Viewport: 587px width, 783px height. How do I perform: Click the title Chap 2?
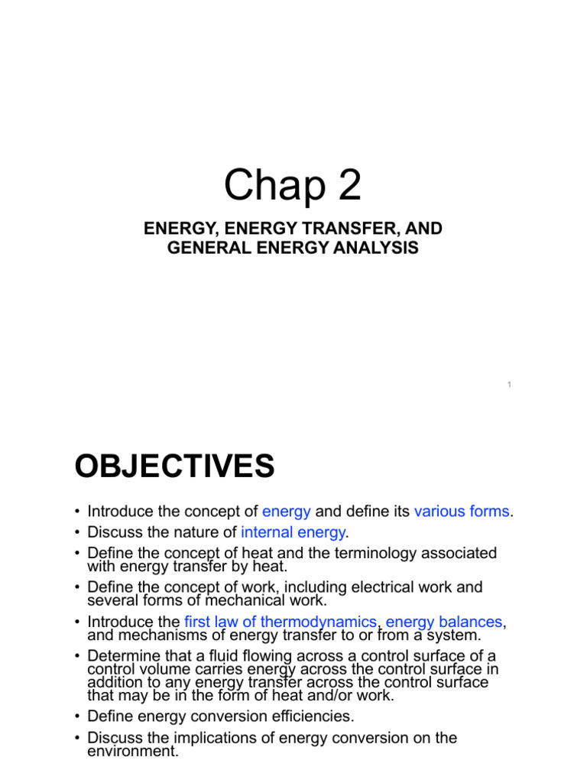click(x=293, y=187)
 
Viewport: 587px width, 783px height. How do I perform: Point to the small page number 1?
click(x=509, y=384)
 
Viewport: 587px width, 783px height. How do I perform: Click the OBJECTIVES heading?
click(x=174, y=466)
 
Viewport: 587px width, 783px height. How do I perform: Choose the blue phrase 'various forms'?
click(x=461, y=512)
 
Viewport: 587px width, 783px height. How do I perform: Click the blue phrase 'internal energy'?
click(x=293, y=531)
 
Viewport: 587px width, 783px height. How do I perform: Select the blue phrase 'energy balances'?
click(x=445, y=622)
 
